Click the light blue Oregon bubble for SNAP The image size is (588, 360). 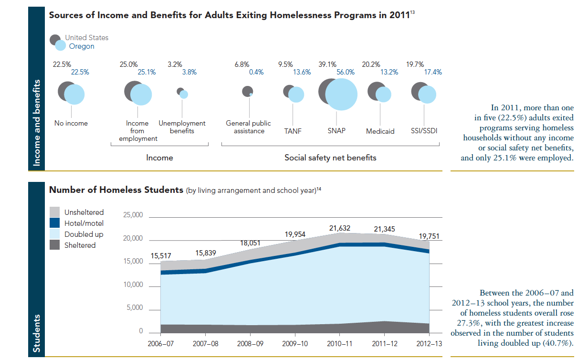tap(338, 94)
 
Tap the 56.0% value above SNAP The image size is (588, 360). tap(346, 73)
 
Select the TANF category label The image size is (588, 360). tap(293, 131)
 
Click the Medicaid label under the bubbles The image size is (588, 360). tap(380, 131)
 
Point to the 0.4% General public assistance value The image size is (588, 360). tap(257, 73)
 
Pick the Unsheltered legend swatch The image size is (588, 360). tap(55, 212)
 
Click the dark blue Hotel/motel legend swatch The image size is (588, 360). tap(55, 223)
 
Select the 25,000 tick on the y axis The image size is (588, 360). tap(134, 215)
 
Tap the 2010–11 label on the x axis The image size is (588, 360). tap(340, 344)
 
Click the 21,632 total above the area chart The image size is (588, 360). tap(340, 229)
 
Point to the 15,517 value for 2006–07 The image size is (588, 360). tap(161, 256)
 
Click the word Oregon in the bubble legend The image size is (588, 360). tap(82, 46)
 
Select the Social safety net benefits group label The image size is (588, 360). tap(330, 158)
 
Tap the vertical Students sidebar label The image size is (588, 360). tap(36, 334)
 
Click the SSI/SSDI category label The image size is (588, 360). tap(424, 131)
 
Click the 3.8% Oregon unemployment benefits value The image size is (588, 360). tap(189, 73)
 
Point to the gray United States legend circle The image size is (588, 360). tap(55, 40)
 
